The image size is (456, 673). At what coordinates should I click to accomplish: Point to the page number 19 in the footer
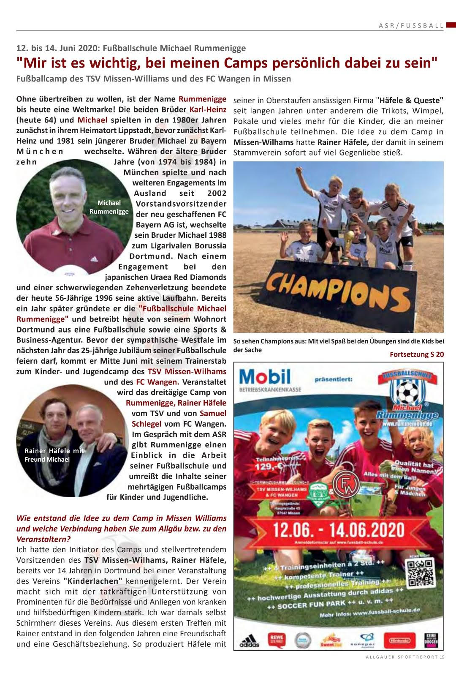click(x=442, y=668)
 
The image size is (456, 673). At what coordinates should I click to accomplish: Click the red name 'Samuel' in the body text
click(x=213, y=413)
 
